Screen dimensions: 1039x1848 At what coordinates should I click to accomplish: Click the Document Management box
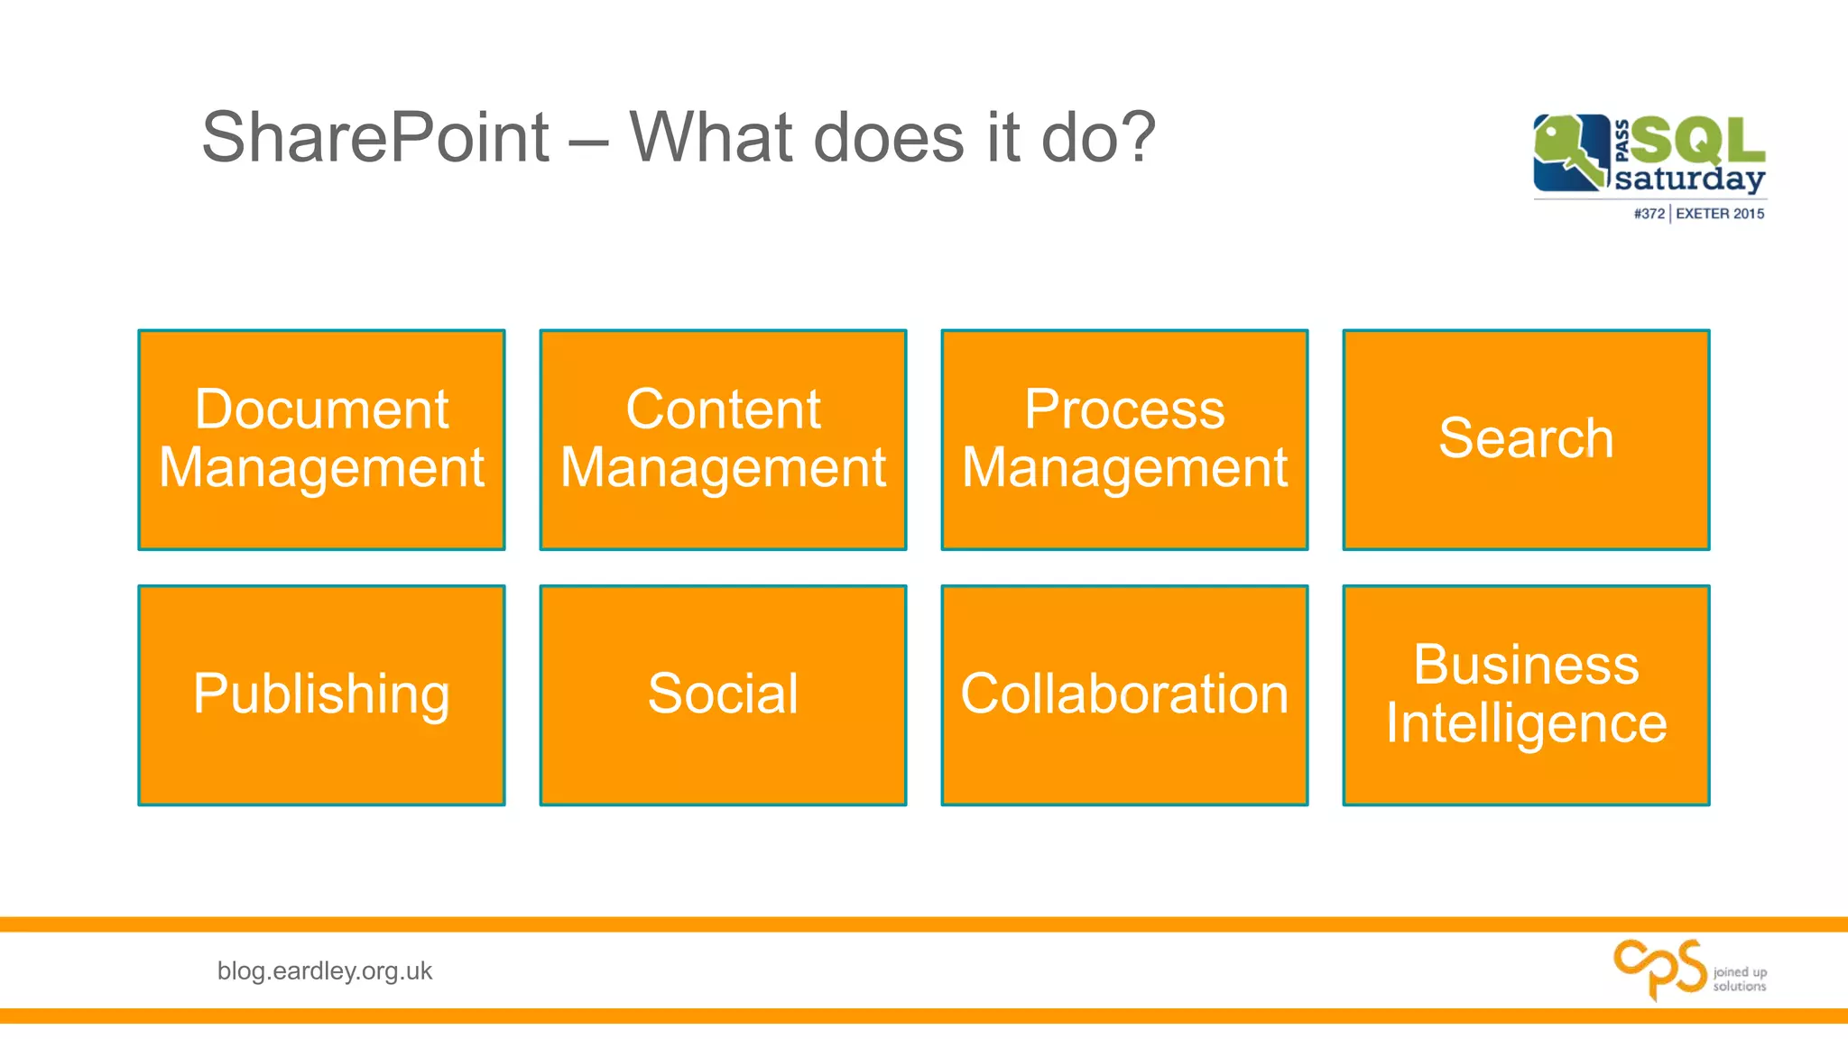click(x=321, y=439)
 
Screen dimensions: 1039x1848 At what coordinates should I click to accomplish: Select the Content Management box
click(x=723, y=439)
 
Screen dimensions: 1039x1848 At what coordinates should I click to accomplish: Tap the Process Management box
click(x=1124, y=439)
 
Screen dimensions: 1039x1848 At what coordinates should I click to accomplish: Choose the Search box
click(x=1526, y=439)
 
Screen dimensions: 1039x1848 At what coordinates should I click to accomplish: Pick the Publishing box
click(x=321, y=694)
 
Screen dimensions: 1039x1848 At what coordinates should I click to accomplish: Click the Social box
click(x=723, y=694)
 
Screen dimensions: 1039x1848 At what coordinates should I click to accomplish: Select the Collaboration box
click(x=1124, y=694)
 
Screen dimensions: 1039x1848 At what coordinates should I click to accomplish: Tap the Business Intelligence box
click(x=1526, y=694)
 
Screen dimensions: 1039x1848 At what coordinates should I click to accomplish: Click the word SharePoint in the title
click(x=375, y=138)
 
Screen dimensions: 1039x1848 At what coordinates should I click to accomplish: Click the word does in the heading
click(x=889, y=138)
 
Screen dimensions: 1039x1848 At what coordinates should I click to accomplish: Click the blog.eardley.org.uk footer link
click(x=325, y=970)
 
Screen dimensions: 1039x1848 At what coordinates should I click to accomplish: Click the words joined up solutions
click(x=1739, y=979)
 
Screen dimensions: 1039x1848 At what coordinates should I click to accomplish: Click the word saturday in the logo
click(x=1689, y=179)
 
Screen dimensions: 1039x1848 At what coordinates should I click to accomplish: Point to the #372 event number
click(x=1649, y=214)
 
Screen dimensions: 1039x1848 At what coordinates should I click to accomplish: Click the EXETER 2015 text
click(x=1720, y=214)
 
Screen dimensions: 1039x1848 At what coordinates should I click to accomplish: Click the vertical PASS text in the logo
click(x=1622, y=141)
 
